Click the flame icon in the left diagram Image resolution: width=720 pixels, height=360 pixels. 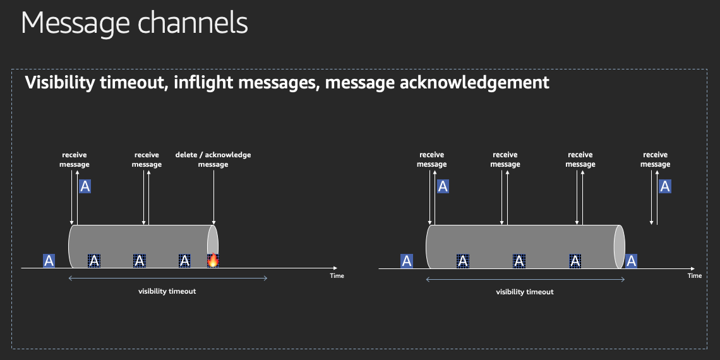click(213, 260)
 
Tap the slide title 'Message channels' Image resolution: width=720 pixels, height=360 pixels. click(134, 23)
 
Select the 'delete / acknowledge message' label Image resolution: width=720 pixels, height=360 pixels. click(213, 159)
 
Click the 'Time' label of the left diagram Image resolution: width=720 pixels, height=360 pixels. click(337, 275)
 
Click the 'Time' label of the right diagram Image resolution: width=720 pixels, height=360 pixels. click(694, 275)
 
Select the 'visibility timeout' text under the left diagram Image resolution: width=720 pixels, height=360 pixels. click(167, 291)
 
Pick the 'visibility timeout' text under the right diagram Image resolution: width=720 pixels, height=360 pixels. click(525, 292)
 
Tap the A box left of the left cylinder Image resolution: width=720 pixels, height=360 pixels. click(49, 261)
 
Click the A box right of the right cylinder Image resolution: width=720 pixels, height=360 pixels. click(631, 261)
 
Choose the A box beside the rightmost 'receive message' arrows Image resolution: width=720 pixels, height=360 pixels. click(665, 186)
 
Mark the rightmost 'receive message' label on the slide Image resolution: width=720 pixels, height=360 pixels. click(655, 159)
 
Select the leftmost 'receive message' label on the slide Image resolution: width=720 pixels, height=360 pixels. click(75, 159)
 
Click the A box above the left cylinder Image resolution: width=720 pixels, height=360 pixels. click(85, 186)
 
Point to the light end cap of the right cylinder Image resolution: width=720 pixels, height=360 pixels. click(620, 246)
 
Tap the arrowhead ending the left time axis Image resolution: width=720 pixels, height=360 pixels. click(335, 268)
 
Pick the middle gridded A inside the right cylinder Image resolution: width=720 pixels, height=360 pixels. click(519, 261)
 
